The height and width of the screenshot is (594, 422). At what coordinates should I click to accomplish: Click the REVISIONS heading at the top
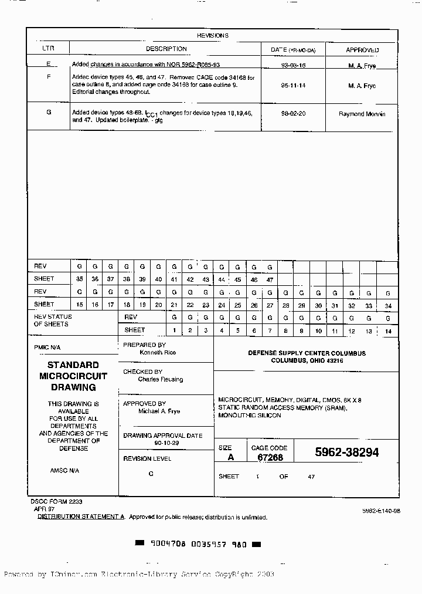coord(212,35)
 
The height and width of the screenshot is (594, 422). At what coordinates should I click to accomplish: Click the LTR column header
coord(48,49)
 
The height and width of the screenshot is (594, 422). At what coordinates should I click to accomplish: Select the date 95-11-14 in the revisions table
coord(294,86)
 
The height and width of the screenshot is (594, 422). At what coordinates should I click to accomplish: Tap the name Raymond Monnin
coord(362,114)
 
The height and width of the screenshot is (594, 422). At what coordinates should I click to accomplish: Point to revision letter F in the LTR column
coord(49,77)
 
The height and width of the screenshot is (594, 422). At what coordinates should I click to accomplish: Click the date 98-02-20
coord(294,114)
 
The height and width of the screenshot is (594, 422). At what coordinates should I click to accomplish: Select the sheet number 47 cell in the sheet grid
coord(270,280)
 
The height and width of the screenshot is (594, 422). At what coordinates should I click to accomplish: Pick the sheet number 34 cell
coord(387,306)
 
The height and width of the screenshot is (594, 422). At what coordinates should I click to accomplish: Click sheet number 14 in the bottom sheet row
coord(387,331)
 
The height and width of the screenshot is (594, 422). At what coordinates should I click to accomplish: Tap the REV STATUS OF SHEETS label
coord(53,320)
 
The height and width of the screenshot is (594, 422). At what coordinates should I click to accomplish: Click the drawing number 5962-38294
coord(346,453)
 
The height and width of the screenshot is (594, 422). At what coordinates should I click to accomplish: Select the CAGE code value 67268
coord(270,457)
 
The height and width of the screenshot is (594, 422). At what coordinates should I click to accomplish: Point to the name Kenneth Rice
coord(158,353)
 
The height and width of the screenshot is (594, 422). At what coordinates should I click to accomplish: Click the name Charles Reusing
coord(160,380)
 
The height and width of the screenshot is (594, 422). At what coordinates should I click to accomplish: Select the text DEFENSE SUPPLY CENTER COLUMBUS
coord(307,353)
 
